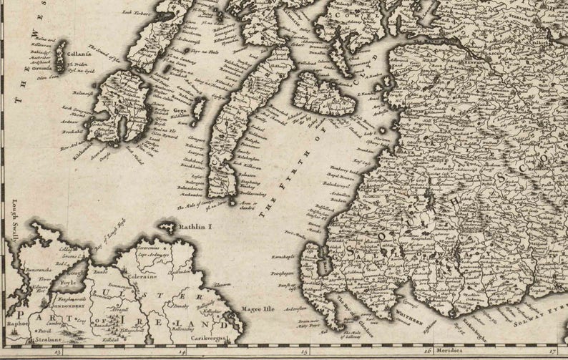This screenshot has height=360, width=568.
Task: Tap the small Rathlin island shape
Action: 168,228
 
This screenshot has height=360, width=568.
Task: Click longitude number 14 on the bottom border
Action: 182,351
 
